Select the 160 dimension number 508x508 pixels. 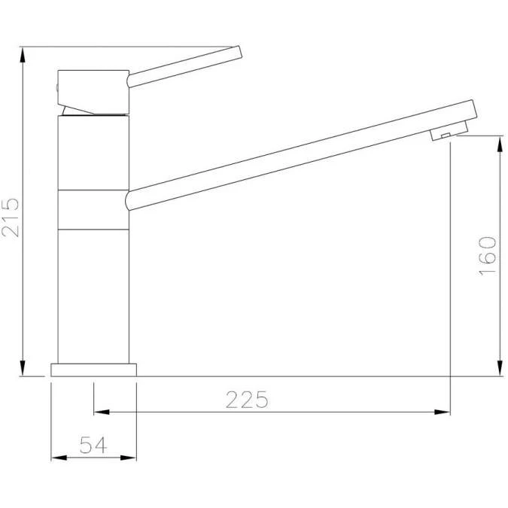pyautogui.click(x=488, y=255)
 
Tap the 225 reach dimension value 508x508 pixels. pyautogui.click(x=247, y=399)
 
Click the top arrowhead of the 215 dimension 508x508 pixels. pyautogui.click(x=23, y=53)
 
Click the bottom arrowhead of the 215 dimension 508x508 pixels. pyautogui.click(x=23, y=370)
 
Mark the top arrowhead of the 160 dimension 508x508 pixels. pyautogui.click(x=500, y=142)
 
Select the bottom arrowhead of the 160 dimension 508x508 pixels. pyautogui.click(x=500, y=370)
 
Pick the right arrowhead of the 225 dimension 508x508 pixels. pyautogui.click(x=443, y=412)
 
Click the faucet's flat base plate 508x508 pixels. pyautogui.click(x=94, y=370)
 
